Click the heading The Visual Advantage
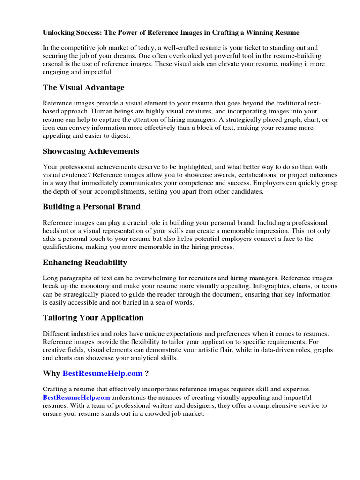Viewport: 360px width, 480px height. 83,88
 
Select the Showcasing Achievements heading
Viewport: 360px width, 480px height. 90,151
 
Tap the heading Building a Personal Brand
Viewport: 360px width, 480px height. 91,207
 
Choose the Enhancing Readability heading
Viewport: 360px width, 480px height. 84,262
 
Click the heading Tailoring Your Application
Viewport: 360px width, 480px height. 93,318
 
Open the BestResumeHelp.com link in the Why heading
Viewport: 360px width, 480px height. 102,374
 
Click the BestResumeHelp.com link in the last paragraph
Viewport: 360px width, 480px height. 75,397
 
